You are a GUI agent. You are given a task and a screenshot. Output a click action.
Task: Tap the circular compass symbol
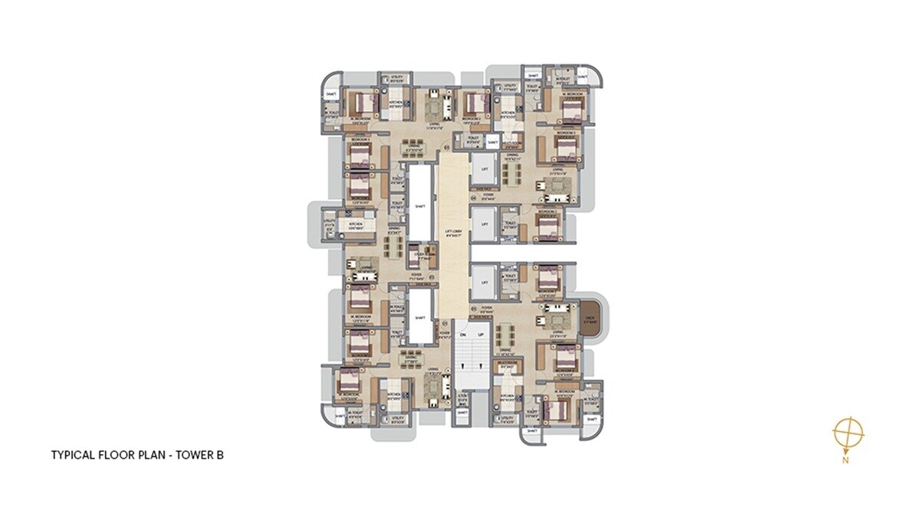click(x=848, y=433)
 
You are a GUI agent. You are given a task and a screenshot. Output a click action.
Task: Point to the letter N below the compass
click(x=845, y=460)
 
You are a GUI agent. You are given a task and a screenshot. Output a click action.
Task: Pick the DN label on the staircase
click(x=462, y=335)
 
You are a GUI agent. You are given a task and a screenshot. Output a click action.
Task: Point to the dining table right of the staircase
click(x=505, y=338)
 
